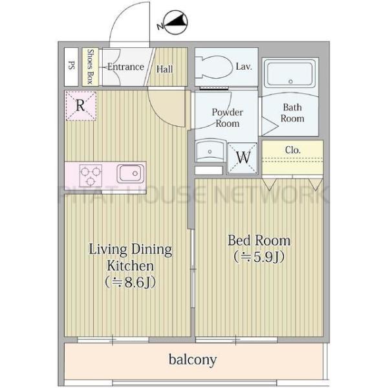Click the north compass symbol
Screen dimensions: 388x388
(x=175, y=22)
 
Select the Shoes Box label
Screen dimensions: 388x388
(x=90, y=67)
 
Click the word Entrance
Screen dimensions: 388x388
(x=125, y=67)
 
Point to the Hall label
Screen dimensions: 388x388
(x=164, y=69)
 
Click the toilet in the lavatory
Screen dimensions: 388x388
(x=214, y=67)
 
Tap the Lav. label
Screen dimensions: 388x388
(x=244, y=67)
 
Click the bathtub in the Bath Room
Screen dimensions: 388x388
(x=290, y=74)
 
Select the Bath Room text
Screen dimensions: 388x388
(x=292, y=113)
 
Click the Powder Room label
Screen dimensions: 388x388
(x=227, y=118)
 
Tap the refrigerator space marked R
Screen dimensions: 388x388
(x=81, y=105)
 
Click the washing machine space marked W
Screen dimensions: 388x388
(x=242, y=158)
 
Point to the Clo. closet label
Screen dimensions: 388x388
(x=292, y=150)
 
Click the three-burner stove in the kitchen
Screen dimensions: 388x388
(x=91, y=175)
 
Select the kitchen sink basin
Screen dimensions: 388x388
(x=131, y=173)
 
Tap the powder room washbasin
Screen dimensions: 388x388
(x=210, y=151)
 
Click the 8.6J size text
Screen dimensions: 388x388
(x=130, y=282)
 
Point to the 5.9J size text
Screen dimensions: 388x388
(x=259, y=257)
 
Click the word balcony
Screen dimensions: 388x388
(x=193, y=360)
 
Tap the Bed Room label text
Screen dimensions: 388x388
(x=259, y=241)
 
